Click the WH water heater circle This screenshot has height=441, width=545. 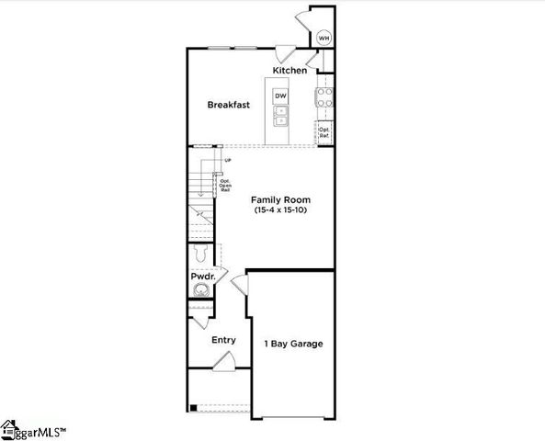tap(324, 39)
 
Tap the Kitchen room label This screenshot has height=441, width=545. tap(290, 71)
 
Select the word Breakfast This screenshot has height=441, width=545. tap(228, 105)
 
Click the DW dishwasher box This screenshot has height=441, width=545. tap(281, 96)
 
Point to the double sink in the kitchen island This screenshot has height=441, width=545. tap(281, 116)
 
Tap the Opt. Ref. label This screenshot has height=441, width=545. tap(324, 132)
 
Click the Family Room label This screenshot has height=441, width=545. tap(282, 199)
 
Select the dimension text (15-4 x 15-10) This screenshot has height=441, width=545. tap(282, 210)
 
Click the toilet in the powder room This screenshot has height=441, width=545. tap(203, 254)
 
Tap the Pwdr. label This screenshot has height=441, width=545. tap(202, 276)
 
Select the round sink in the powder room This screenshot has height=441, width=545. tap(200, 291)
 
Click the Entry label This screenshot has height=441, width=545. tap(223, 340)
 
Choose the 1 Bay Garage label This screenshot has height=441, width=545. tap(293, 344)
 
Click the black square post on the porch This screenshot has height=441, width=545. tap(192, 407)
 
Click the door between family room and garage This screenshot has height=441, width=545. tap(241, 285)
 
